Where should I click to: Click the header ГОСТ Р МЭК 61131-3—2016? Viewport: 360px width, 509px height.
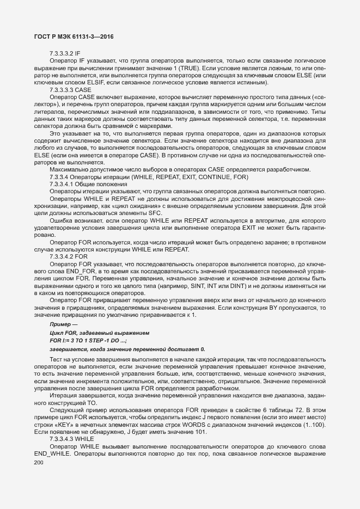pos(74,36)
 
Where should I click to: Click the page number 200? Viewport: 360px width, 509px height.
pos(39,463)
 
